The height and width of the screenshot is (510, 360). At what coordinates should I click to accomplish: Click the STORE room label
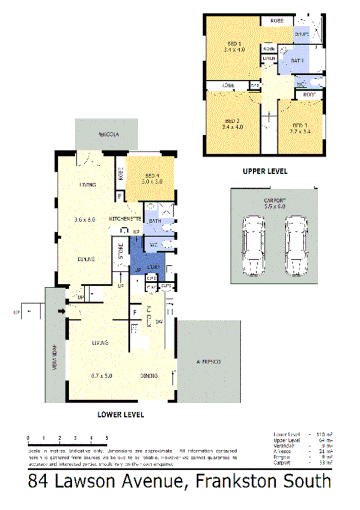(120, 250)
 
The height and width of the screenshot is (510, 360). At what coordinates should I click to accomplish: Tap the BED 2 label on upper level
(231, 119)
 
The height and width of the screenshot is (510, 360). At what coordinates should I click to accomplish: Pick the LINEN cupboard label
(268, 58)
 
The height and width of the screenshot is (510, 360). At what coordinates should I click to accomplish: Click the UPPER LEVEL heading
(264, 171)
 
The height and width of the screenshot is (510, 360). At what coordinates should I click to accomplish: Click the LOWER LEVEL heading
(120, 414)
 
